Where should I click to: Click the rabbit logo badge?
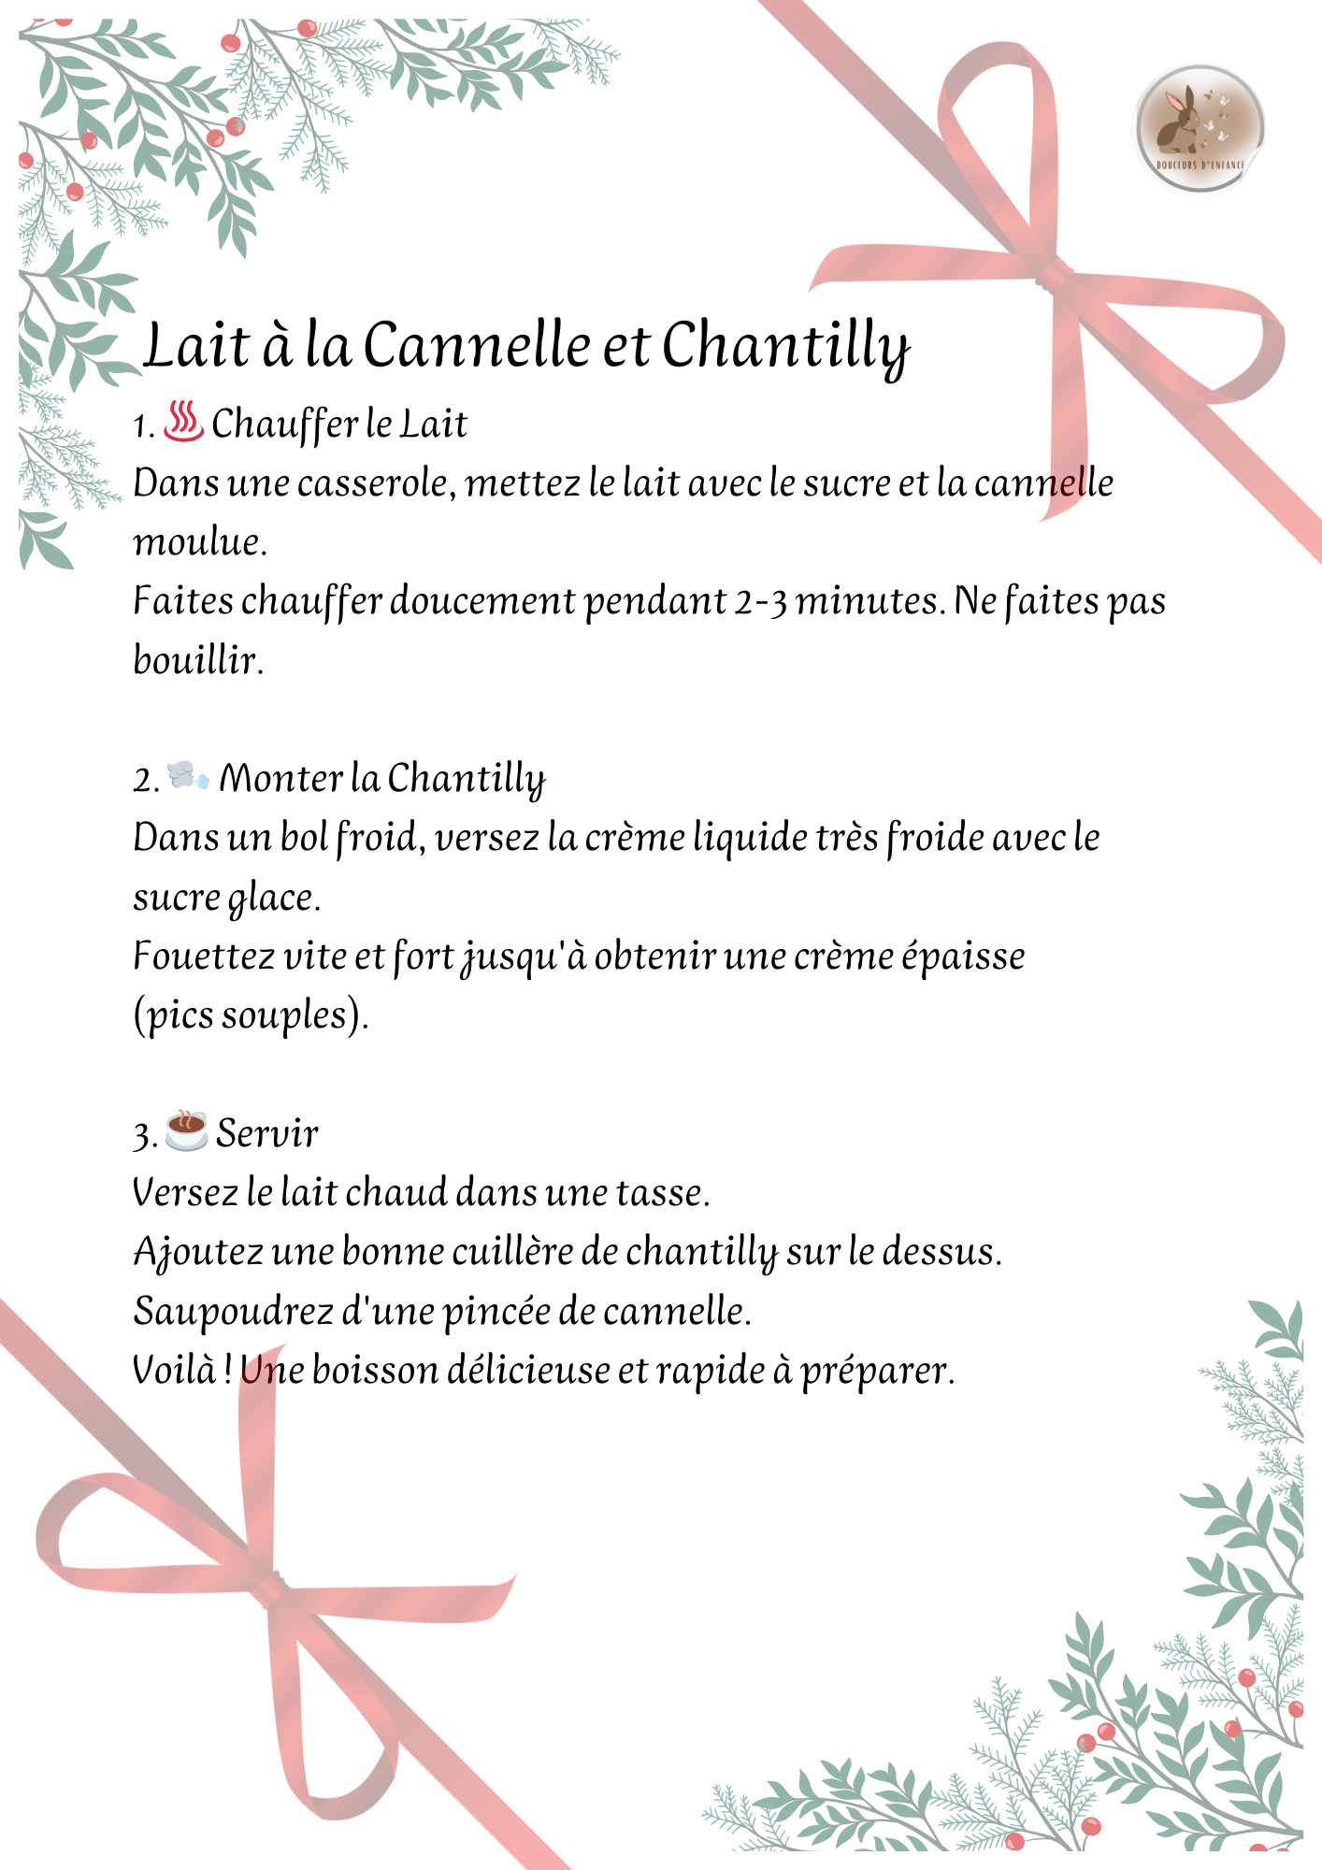coord(1200,128)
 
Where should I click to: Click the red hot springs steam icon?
coord(183,422)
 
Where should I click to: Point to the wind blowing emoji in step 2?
coord(188,775)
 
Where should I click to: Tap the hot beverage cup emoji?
coord(186,1130)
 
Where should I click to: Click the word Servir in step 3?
coord(267,1133)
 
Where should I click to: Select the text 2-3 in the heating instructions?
coord(760,601)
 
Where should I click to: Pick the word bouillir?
coord(198,660)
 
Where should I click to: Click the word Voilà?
coord(175,1370)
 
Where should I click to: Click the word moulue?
coord(199,542)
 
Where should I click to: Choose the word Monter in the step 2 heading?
coord(281,778)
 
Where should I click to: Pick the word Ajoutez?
coord(197,1253)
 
